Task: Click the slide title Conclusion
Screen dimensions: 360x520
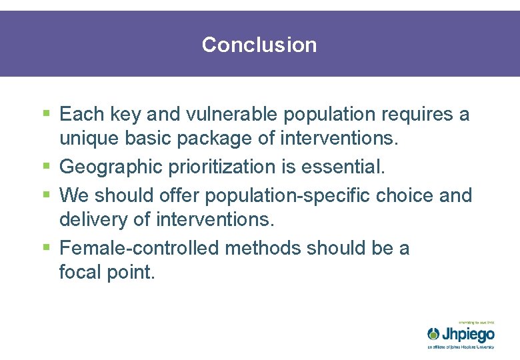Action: pos(259,45)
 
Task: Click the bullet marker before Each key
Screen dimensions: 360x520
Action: pos(46,114)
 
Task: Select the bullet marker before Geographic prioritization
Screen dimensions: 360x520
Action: pos(46,167)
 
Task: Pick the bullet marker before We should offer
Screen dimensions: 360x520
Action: pos(46,195)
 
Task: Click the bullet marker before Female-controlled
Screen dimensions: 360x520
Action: pos(46,247)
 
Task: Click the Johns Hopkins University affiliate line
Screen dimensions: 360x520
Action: pos(461,347)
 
